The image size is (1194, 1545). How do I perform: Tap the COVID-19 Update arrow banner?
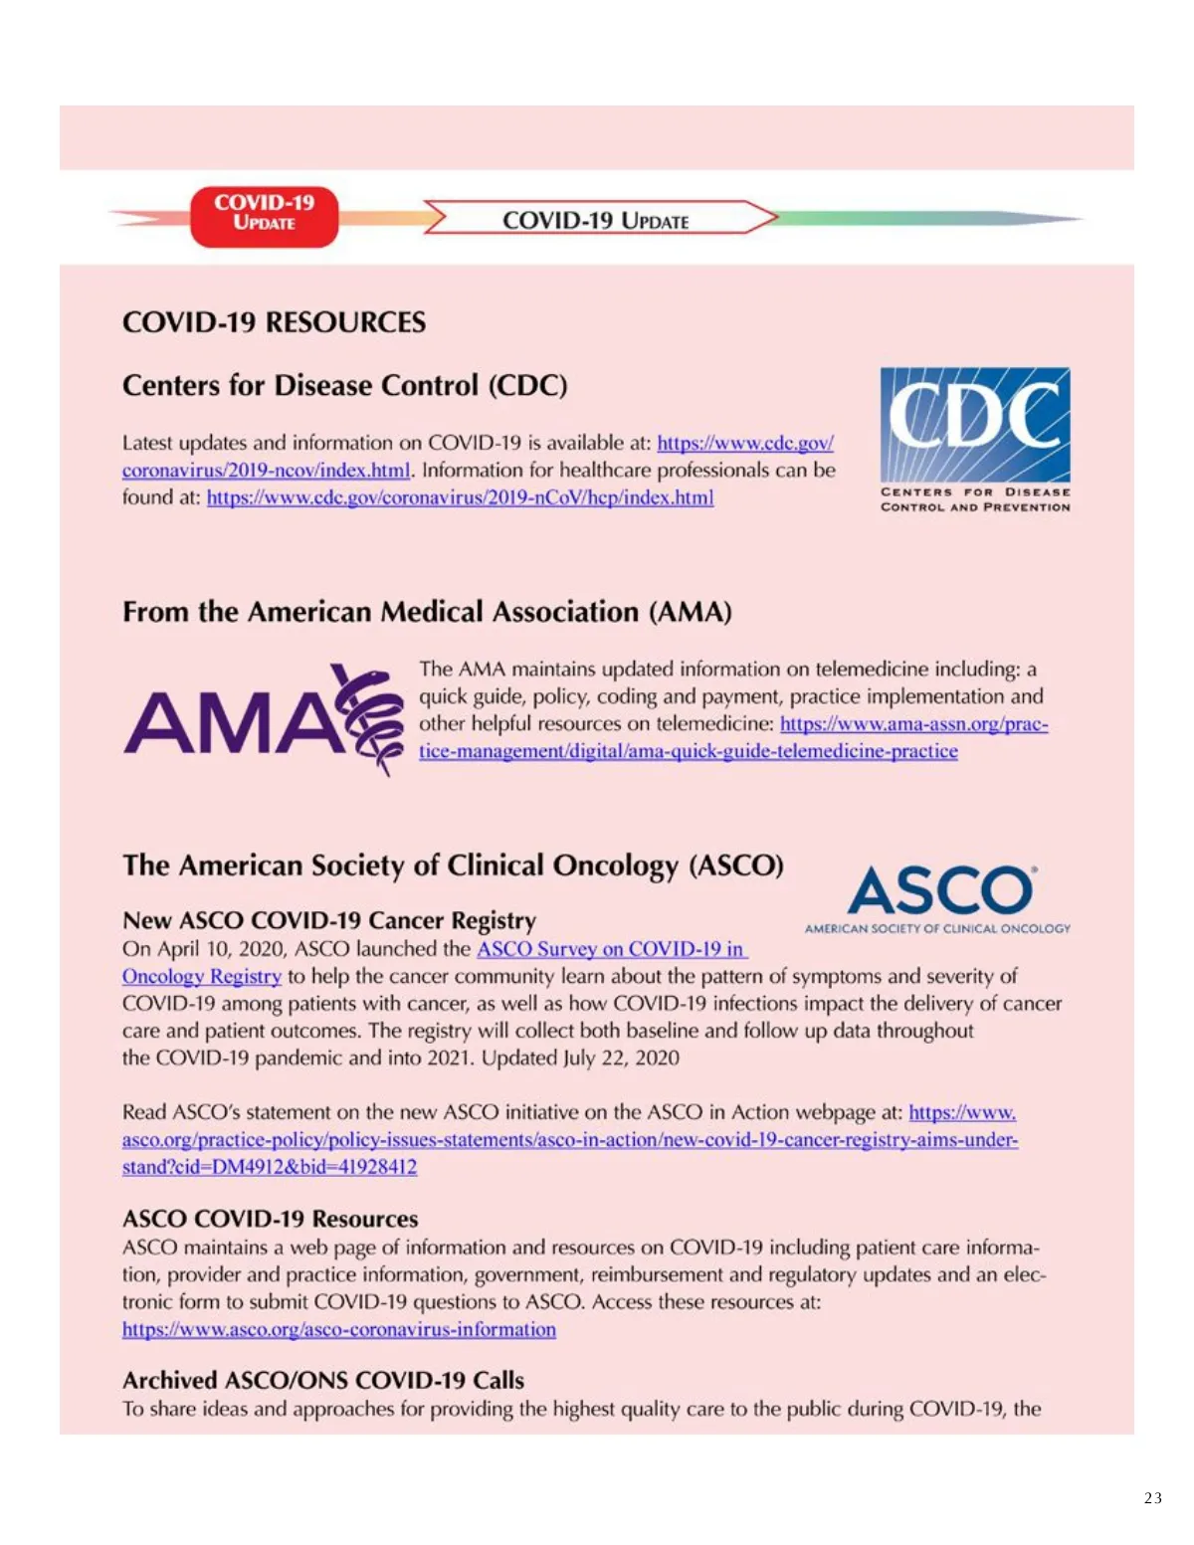[597, 219]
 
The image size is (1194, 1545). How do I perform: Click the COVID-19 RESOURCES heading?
[274, 322]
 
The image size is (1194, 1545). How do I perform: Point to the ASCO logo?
[939, 896]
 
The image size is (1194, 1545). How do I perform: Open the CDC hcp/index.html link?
[460, 497]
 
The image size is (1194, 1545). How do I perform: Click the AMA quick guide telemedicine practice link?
[688, 751]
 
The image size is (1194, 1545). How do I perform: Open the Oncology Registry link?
[202, 977]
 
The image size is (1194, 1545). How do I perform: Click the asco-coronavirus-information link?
[339, 1330]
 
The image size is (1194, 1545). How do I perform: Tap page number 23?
[1152, 1498]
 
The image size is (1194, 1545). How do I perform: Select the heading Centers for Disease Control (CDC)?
[344, 385]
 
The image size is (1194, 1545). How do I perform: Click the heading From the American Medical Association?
[427, 611]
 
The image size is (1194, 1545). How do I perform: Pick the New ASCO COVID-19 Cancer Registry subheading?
[328, 920]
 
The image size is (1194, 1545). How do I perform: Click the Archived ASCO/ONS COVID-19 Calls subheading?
[322, 1380]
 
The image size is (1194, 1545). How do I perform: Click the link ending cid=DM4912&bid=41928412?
[270, 1167]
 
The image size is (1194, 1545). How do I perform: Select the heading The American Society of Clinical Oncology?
[453, 866]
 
